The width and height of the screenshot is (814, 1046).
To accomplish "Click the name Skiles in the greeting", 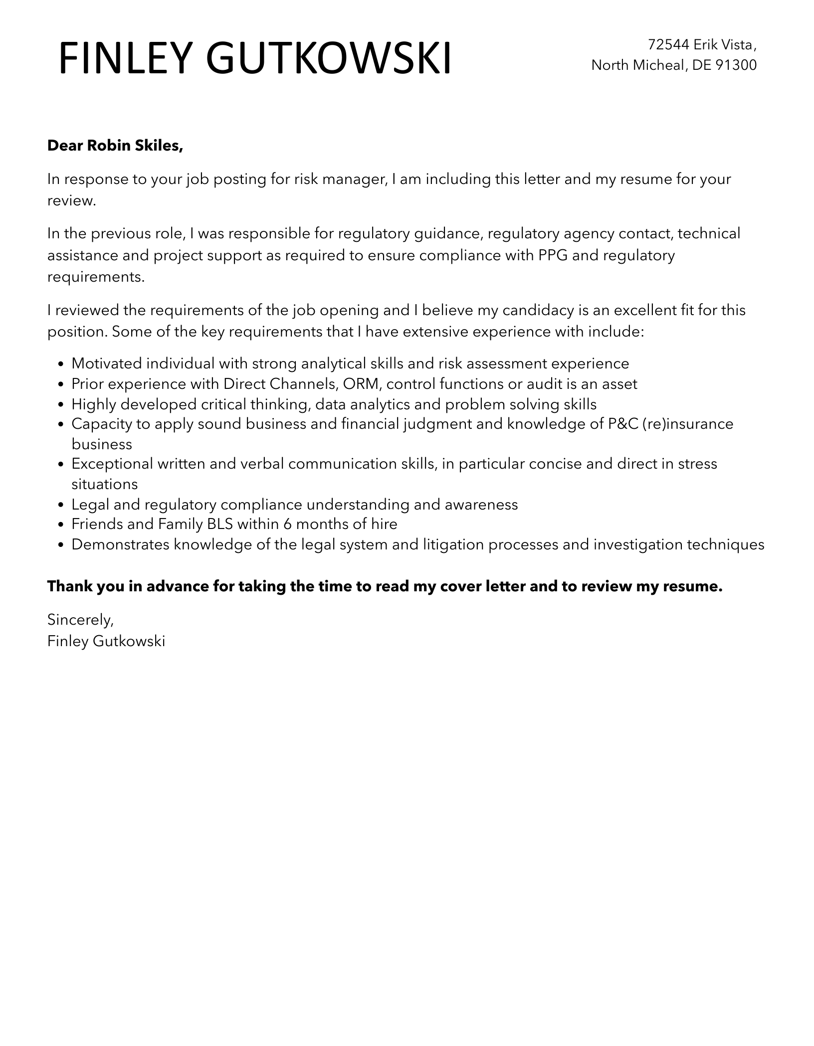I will tap(160, 146).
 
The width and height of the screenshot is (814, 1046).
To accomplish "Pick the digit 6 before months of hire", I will tap(286, 524).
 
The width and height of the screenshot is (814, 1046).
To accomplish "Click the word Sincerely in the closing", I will tap(80, 620).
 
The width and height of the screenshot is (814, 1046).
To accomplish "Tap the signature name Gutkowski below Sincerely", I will tap(129, 641).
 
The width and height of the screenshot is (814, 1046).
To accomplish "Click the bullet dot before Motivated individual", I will tap(61, 364).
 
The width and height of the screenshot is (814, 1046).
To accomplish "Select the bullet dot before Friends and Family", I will tap(61, 525).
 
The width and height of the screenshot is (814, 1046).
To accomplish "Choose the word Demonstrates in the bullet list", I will tap(120, 544).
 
